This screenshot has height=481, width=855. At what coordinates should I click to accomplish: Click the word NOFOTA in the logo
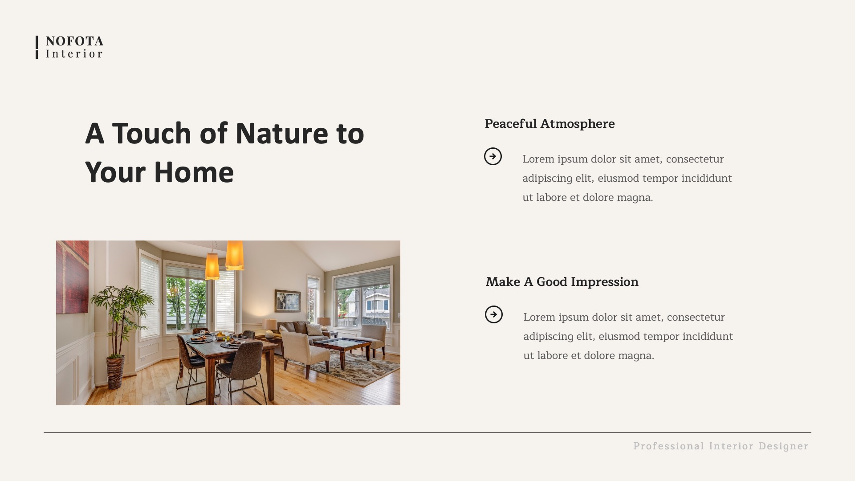(74, 41)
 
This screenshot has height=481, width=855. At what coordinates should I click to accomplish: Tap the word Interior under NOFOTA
(74, 54)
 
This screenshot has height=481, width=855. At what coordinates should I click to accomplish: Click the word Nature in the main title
(281, 133)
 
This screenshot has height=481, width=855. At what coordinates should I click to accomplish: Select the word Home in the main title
(194, 172)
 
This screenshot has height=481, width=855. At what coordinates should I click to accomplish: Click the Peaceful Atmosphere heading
(550, 124)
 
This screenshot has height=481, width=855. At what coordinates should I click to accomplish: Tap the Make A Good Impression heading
(562, 282)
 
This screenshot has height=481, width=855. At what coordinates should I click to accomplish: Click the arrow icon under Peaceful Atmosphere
(493, 156)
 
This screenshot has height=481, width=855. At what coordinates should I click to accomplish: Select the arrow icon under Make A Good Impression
(494, 314)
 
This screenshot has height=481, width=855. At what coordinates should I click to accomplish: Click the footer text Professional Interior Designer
(721, 446)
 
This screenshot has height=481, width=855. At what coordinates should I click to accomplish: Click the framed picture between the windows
(288, 301)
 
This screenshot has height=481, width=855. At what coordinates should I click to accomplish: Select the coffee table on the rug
(343, 345)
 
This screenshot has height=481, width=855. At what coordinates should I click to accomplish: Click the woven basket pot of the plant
(115, 371)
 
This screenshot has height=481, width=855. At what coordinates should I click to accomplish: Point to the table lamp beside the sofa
(269, 327)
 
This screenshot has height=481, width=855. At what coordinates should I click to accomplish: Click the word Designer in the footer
(783, 446)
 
